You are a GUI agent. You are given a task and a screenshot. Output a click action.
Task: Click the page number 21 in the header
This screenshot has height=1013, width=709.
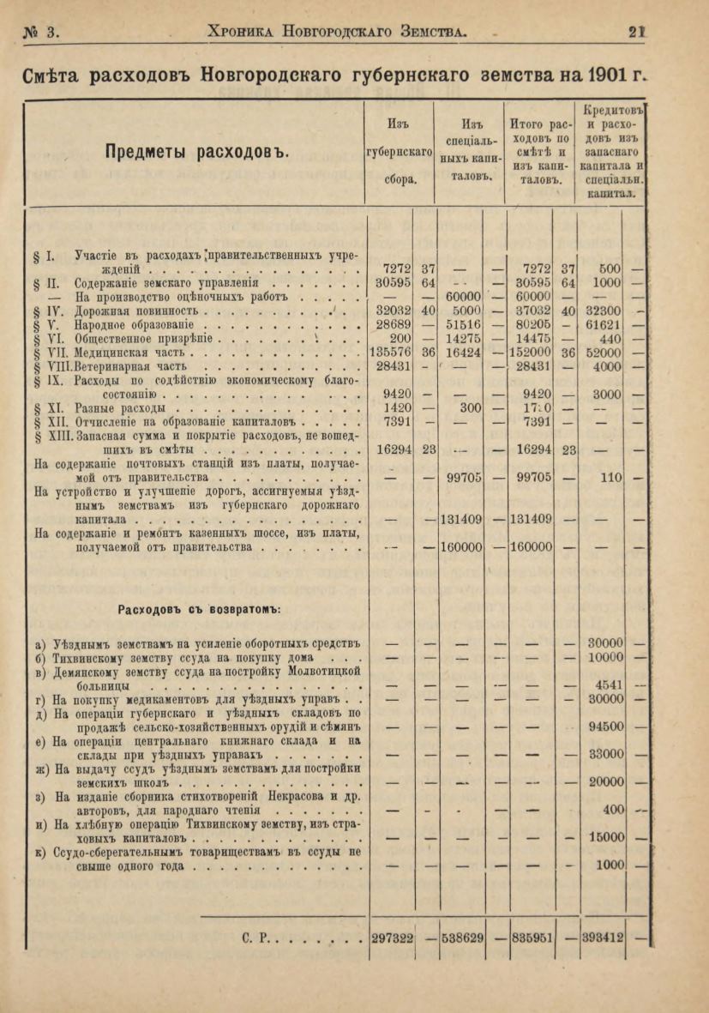tap(635, 32)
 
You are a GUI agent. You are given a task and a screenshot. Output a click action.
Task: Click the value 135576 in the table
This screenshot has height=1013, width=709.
tap(390, 353)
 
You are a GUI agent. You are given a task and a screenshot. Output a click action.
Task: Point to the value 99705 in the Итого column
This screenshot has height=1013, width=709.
tap(532, 476)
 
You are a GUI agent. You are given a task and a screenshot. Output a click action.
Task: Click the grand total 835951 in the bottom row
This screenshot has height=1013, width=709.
tap(532, 938)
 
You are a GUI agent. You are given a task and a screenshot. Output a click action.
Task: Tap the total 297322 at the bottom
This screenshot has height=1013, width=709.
tap(391, 938)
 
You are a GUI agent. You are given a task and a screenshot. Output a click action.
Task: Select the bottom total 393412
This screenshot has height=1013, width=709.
tap(602, 938)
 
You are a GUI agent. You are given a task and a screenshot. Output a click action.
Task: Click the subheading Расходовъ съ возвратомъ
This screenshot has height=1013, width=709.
tap(199, 609)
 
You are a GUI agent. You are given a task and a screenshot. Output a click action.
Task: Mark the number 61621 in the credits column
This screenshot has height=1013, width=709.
tap(604, 325)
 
